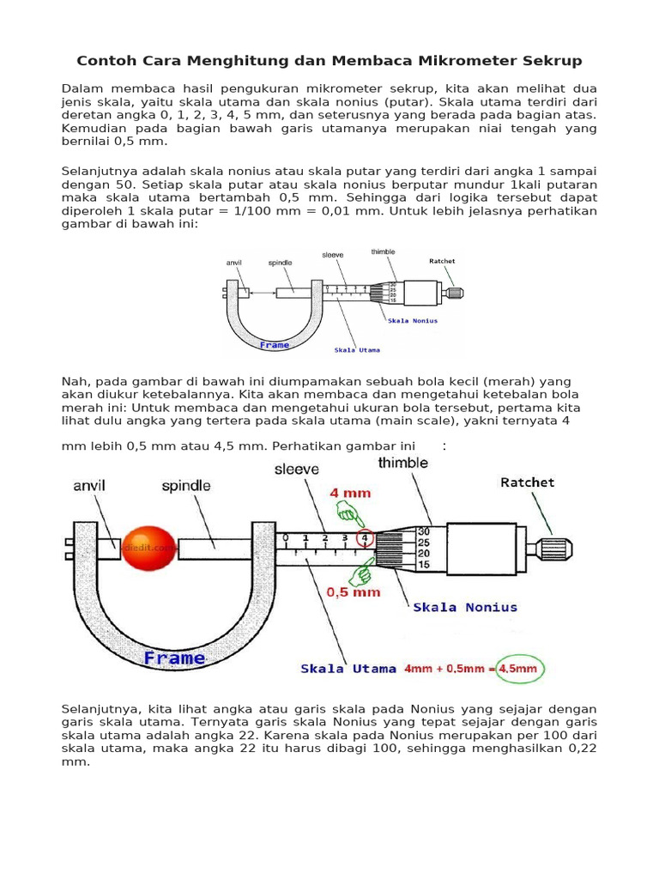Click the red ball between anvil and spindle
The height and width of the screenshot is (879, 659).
pos(149,549)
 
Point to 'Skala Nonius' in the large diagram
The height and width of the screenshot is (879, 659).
pos(465,607)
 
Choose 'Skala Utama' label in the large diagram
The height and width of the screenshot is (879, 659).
pos(348,668)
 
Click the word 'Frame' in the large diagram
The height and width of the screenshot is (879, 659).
pos(174,658)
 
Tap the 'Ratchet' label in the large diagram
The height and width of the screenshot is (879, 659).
pos(527,482)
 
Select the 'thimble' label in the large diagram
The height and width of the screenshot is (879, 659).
pos(402,463)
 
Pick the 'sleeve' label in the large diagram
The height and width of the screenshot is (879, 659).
pos(296,470)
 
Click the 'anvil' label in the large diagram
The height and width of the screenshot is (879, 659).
pos(89,486)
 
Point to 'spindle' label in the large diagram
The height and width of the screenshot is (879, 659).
pos(186,486)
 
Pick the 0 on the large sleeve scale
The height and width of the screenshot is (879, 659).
pos(286,538)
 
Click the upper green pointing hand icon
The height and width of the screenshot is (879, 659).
pos(348,514)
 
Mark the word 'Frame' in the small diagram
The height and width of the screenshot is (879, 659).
pos(274,344)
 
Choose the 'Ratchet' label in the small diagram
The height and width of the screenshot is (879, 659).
pos(442,260)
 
